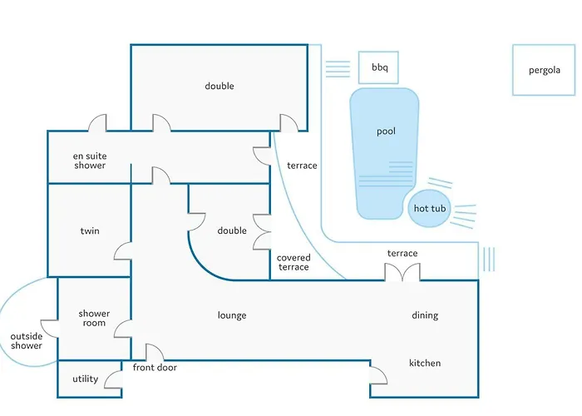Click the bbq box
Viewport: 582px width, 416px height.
379,67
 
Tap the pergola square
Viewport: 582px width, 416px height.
545,71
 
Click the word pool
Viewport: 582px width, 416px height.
386,131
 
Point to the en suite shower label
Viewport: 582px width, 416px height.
90,161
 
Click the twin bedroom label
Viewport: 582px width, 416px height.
90,230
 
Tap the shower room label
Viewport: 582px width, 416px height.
94,318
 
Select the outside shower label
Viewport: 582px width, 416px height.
27,340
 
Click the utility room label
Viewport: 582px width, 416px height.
86,379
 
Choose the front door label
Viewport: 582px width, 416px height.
155,368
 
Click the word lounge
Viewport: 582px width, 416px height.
232,315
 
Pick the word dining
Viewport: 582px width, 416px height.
425,315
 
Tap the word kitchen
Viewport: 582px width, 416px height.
425,363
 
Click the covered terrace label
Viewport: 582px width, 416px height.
293,262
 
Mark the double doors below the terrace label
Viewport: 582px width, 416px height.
402,272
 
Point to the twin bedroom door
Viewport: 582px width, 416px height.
122,251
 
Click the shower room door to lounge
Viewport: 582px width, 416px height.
122,327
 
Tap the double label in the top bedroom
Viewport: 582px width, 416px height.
219,86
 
